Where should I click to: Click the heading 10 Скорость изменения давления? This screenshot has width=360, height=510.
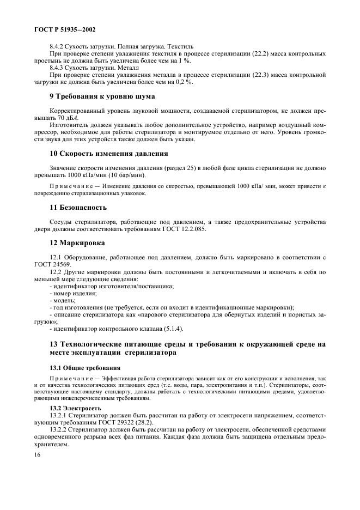tap(109, 153)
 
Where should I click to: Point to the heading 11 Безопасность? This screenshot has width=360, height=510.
tap(78, 208)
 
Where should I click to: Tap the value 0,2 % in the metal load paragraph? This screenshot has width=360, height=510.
tap(182, 82)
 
